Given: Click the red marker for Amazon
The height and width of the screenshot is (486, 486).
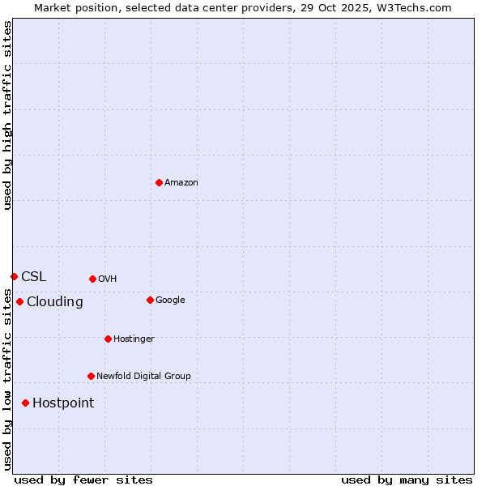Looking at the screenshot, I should [159, 182].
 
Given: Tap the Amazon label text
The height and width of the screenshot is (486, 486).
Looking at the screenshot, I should [181, 182].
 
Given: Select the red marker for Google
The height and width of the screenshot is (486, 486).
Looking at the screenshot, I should [150, 300].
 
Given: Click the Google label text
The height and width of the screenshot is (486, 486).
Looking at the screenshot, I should [170, 300].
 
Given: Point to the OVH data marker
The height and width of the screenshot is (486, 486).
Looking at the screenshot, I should [92, 279].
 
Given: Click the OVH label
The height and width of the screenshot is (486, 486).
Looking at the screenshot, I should [107, 279].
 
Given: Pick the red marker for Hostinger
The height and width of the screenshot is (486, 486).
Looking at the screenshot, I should [108, 339].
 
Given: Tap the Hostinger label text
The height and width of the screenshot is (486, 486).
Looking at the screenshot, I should [134, 339].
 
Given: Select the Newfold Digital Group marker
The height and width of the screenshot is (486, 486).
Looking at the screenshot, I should [91, 376].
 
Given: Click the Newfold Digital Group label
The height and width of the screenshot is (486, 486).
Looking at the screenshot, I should [143, 376].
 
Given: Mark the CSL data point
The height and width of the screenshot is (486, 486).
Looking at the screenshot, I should [14, 276].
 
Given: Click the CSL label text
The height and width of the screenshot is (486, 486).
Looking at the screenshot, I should [33, 276].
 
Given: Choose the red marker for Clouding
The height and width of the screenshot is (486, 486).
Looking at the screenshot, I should [19, 301].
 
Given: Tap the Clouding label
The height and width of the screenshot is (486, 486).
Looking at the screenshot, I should [54, 302].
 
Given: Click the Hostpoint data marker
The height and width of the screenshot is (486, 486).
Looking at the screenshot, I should [25, 403].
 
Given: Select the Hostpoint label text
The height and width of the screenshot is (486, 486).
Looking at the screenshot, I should [63, 403].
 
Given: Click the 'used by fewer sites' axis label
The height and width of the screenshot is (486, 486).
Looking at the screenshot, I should [83, 480].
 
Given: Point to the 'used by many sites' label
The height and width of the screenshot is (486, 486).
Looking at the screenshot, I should [407, 480].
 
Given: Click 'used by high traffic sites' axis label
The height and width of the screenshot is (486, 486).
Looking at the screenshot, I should [7, 115].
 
